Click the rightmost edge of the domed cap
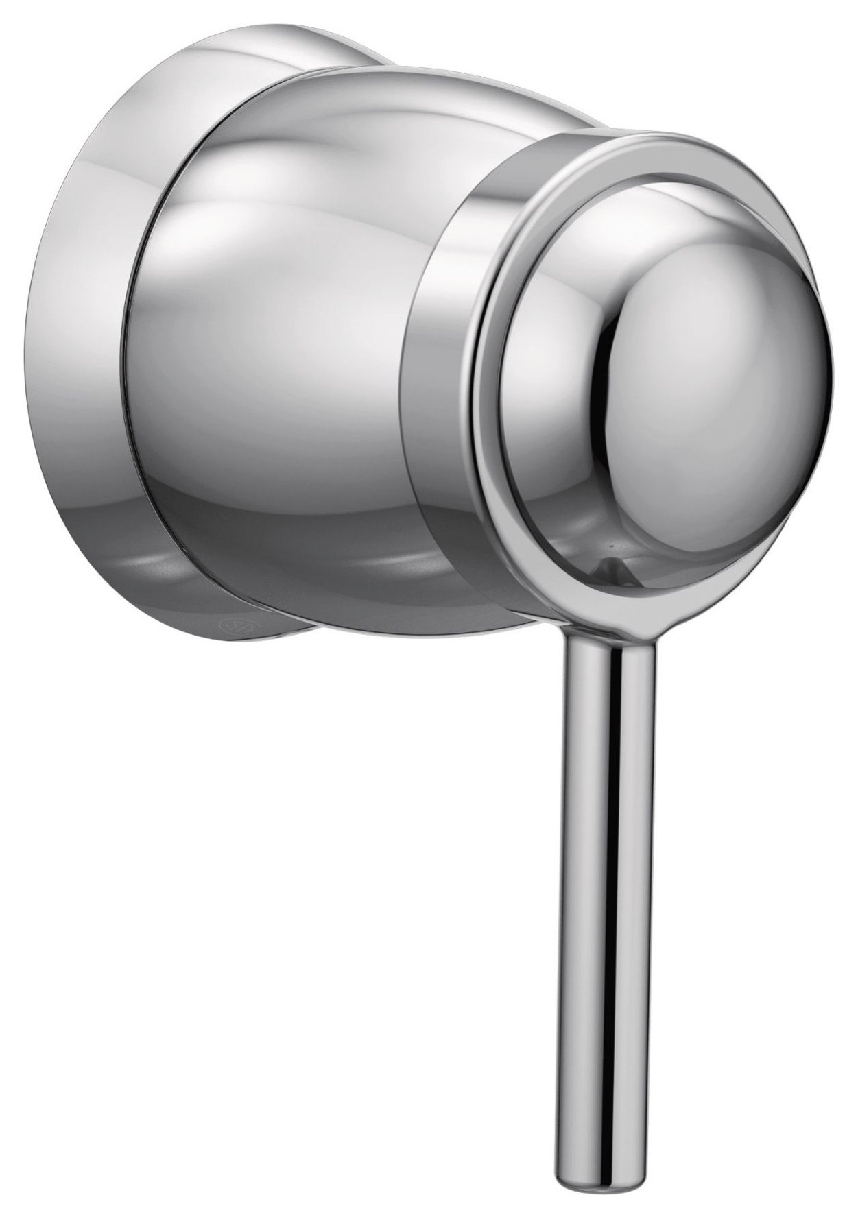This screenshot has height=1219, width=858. click(839, 357)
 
